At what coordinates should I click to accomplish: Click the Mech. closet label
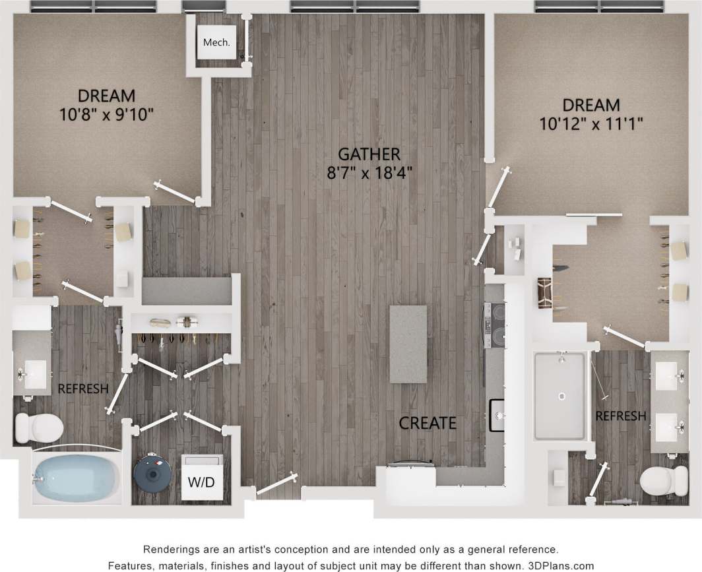[x=216, y=43]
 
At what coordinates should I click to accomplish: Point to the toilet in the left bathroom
[x=38, y=428]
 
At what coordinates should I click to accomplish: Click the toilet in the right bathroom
[x=664, y=481]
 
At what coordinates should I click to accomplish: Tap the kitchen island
[x=407, y=344]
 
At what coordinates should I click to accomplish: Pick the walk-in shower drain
[x=561, y=397]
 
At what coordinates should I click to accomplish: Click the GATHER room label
[x=368, y=154]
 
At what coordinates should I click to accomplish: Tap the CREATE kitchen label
[x=427, y=423]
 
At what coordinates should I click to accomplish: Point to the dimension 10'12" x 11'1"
[x=590, y=123]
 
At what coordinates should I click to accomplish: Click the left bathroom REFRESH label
[x=82, y=389]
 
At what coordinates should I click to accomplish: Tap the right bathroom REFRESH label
[x=620, y=416]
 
